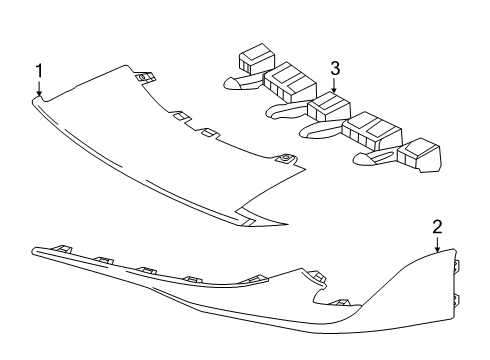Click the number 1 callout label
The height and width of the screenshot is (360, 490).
[x=38, y=70]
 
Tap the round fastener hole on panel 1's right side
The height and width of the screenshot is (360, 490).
[x=286, y=158]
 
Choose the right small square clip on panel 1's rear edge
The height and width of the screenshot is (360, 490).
[x=211, y=132]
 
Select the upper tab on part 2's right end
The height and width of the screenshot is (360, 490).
[x=456, y=266]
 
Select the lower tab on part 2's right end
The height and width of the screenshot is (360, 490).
[x=456, y=299]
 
